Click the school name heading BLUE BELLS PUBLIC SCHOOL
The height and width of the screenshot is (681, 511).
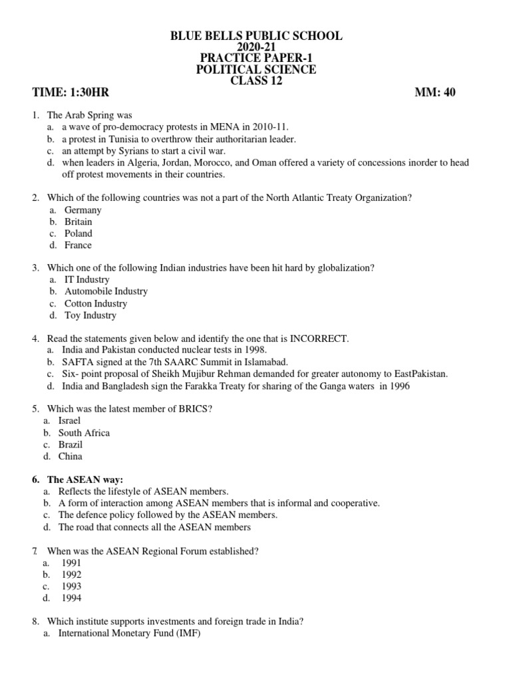[x=256, y=35]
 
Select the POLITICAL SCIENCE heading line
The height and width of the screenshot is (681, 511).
[x=256, y=69]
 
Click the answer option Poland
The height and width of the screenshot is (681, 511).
[x=79, y=233]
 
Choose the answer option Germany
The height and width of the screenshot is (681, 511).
[x=83, y=209]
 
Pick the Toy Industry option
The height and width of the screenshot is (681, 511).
[x=90, y=315]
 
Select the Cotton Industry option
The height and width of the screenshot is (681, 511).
[x=96, y=303]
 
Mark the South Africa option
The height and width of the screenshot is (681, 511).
[x=84, y=432]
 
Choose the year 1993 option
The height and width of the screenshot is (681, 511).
[x=70, y=587]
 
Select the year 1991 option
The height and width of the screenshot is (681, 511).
[x=70, y=563]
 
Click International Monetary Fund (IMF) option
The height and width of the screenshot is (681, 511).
[x=129, y=633]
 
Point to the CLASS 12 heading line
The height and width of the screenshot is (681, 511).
[x=256, y=81]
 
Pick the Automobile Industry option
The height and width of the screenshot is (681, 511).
[x=106, y=291]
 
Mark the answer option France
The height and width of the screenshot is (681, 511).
[x=79, y=245]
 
